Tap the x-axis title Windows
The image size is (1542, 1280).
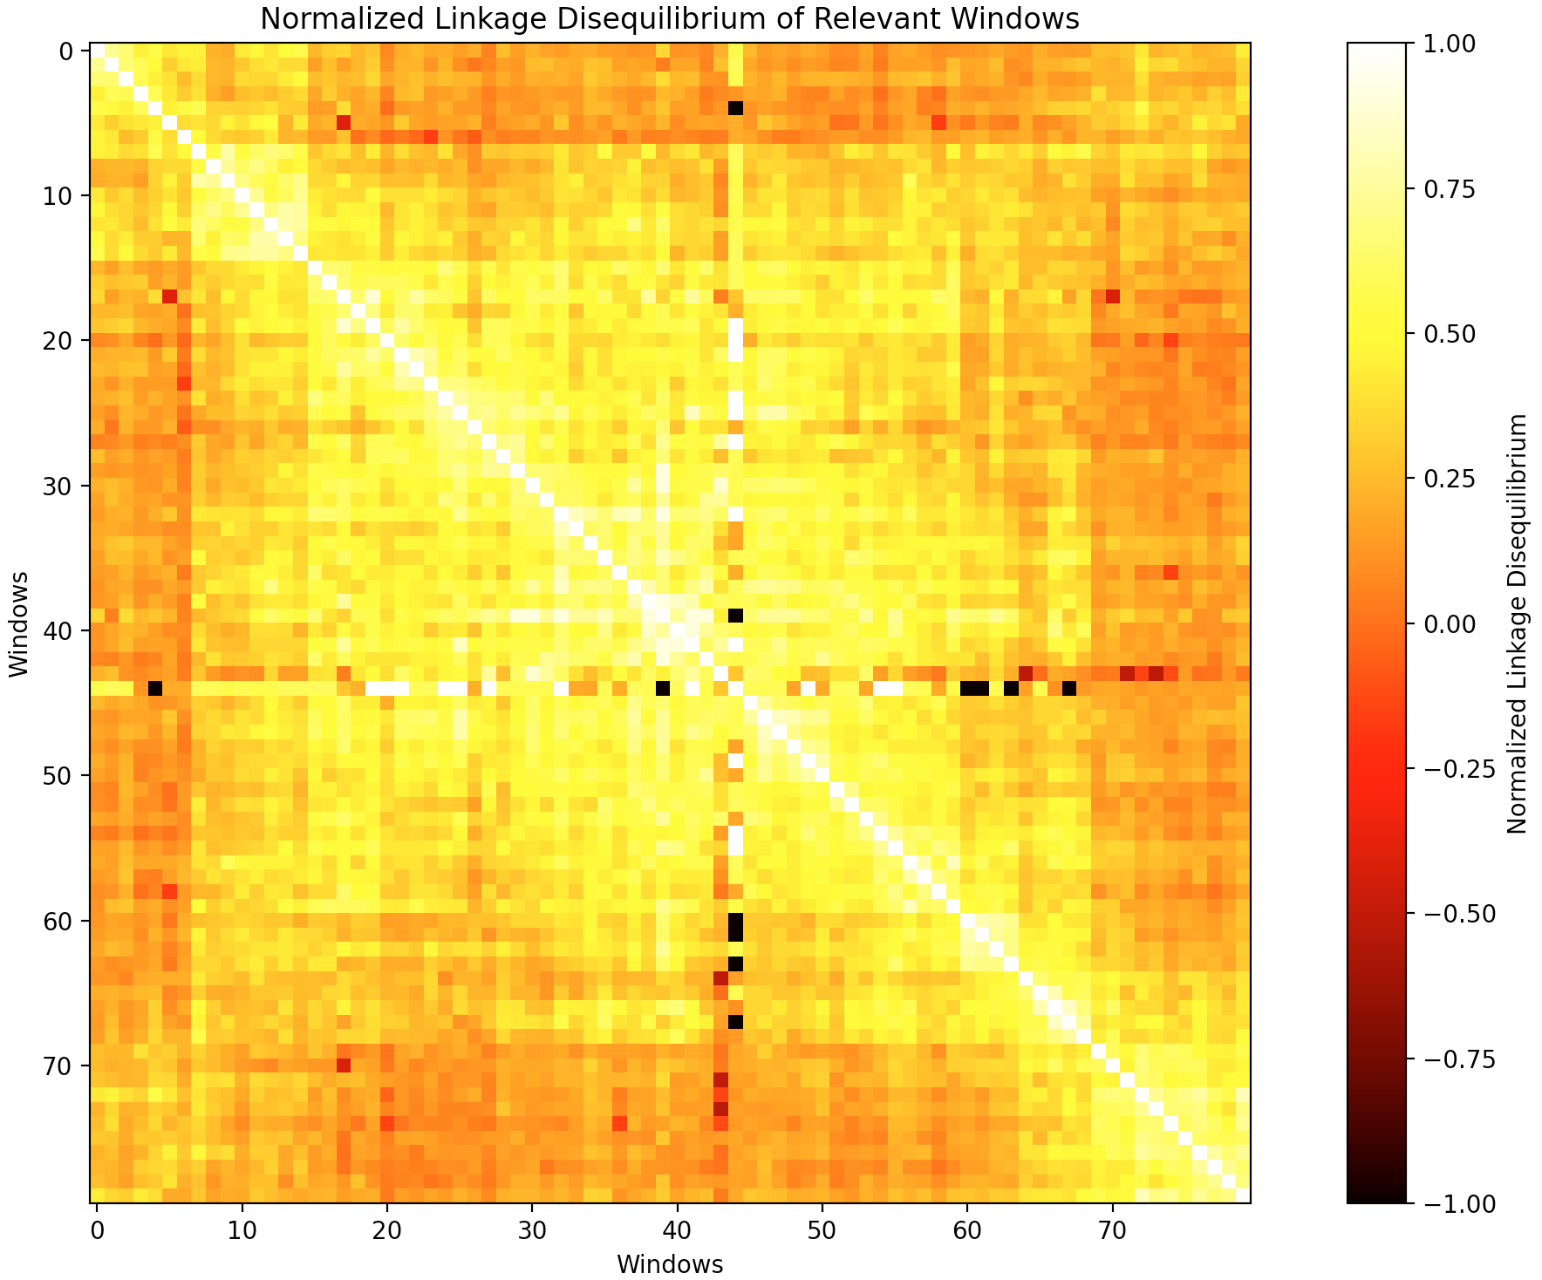click(x=670, y=1264)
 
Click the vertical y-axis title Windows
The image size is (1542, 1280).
click(x=19, y=623)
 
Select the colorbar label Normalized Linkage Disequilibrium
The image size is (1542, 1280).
click(x=1518, y=623)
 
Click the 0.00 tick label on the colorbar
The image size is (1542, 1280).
click(x=1450, y=623)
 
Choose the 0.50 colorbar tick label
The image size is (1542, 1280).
click(x=1450, y=334)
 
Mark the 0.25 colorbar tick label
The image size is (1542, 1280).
click(x=1450, y=479)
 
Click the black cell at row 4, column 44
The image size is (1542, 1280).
click(x=735, y=108)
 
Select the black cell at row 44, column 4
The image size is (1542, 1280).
click(x=155, y=688)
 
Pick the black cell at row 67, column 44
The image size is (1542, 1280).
click(x=735, y=1021)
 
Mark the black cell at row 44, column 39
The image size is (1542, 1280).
click(x=663, y=688)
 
